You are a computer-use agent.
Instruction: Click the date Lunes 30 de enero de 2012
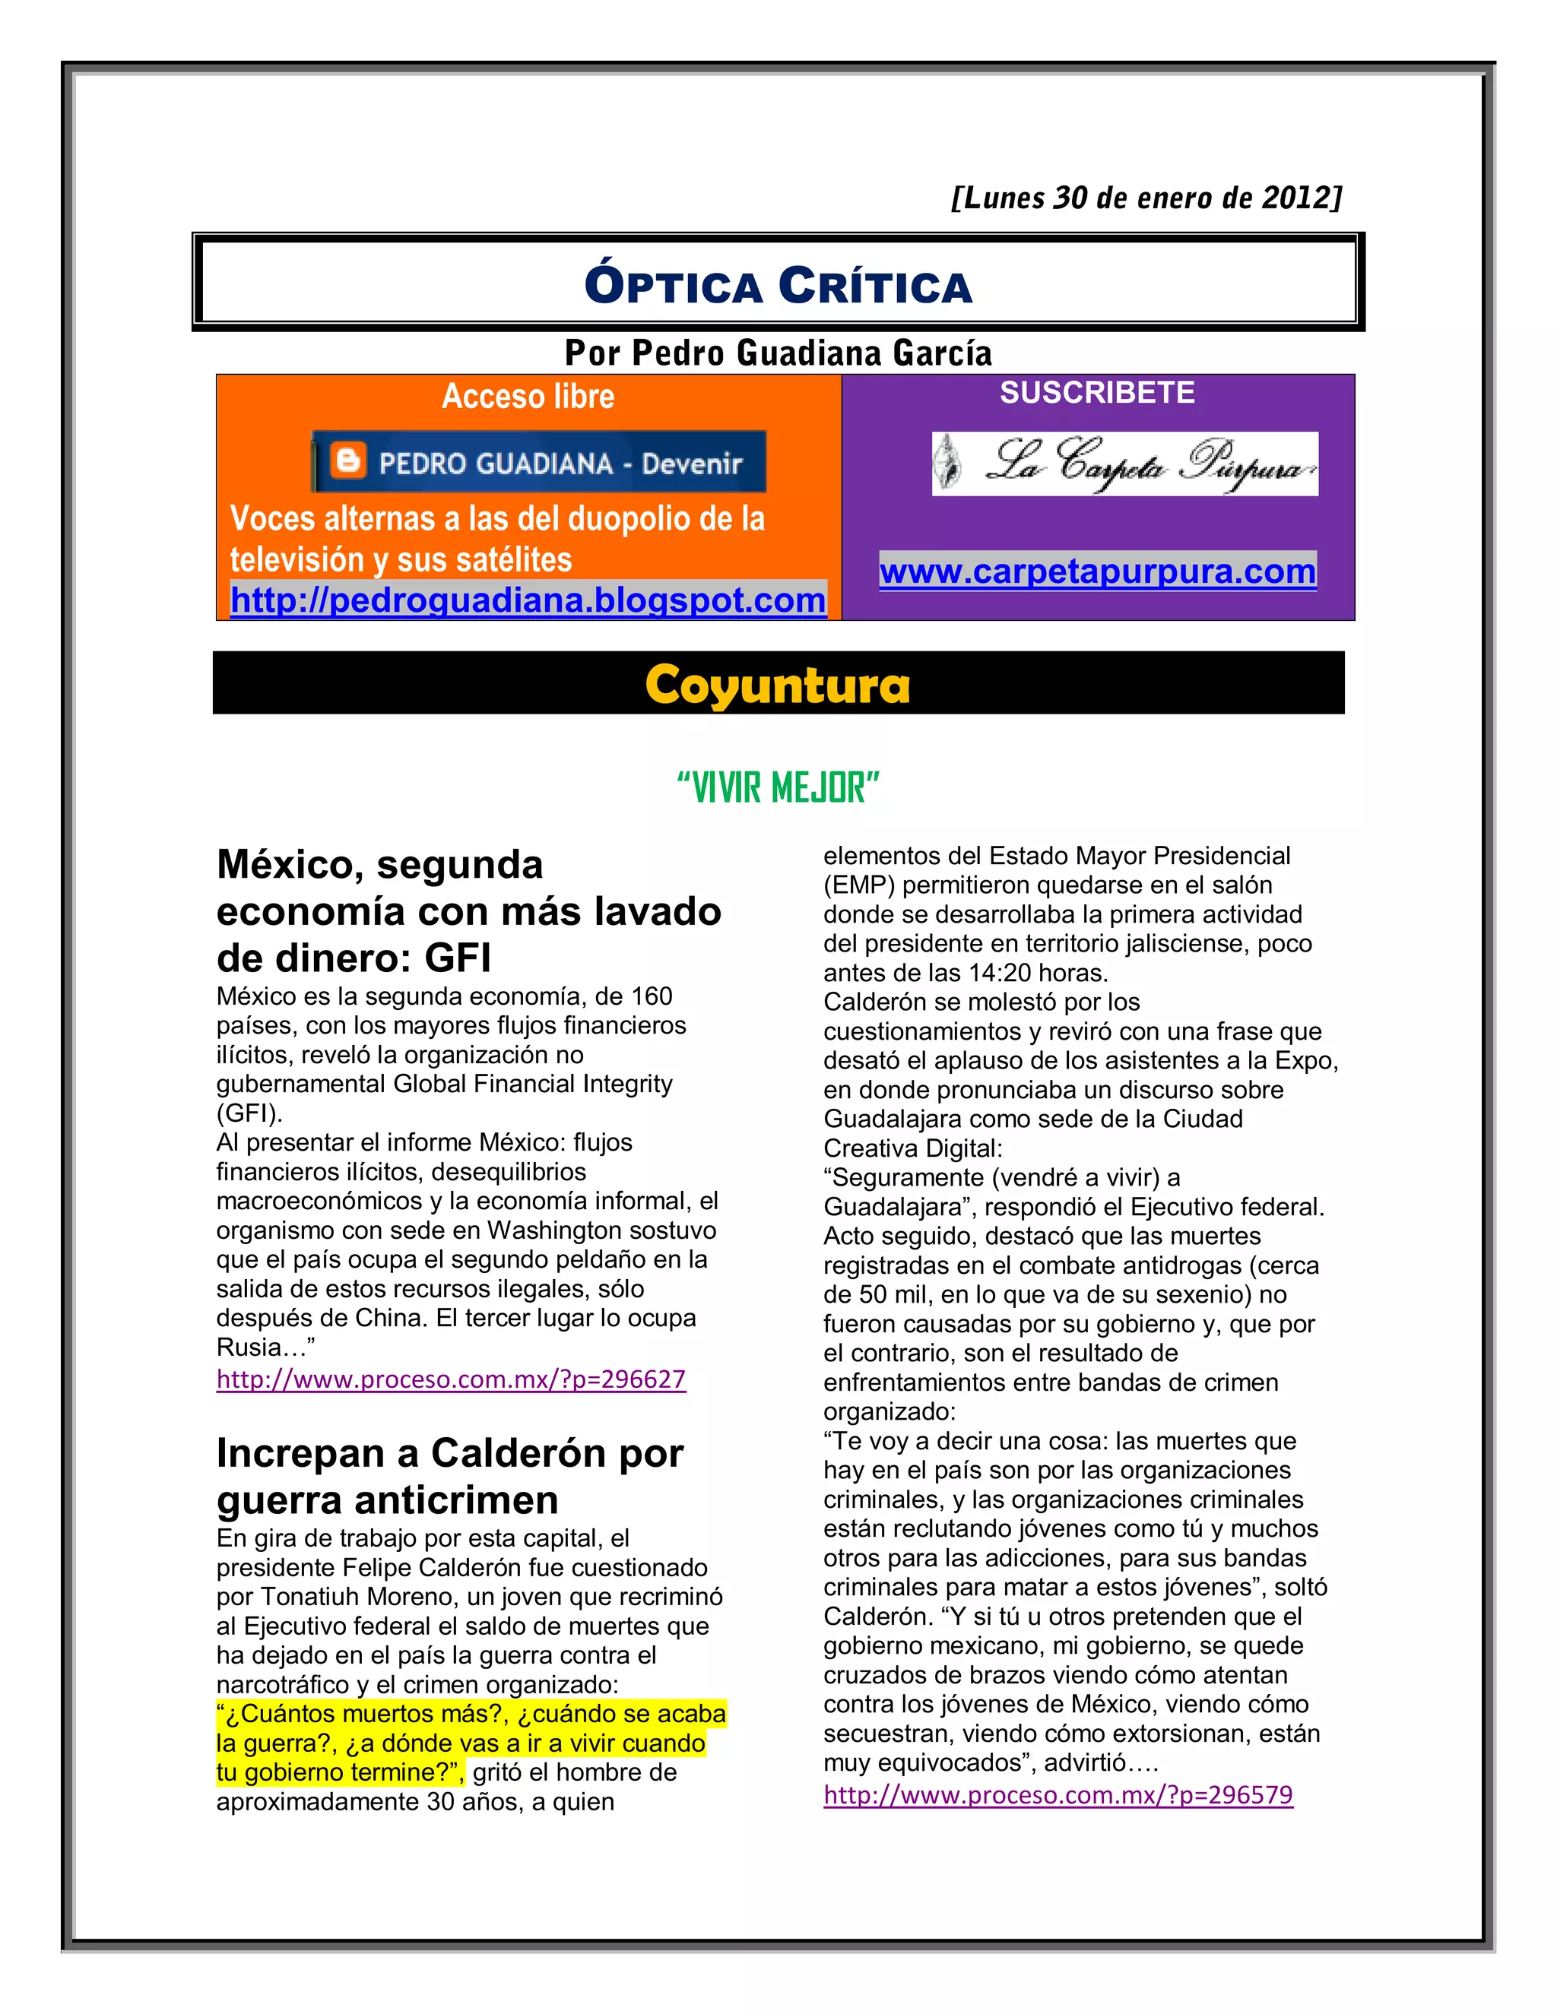(1146, 198)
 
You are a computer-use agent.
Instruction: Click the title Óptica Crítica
(778, 285)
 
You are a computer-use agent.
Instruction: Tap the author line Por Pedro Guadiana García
(778, 353)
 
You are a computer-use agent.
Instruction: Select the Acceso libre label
(528, 397)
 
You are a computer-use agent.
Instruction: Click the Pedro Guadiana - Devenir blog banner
(540, 462)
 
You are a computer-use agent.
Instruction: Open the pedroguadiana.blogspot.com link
(528, 600)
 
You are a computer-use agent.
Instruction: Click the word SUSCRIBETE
(1097, 393)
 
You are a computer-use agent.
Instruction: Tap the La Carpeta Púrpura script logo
(1124, 464)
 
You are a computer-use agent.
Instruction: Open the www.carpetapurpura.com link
(1097, 572)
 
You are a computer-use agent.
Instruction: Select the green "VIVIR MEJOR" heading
(778, 788)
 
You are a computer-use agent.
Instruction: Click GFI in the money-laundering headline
(458, 958)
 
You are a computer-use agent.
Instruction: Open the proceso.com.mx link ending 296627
(451, 1379)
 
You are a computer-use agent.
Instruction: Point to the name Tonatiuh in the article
(311, 1596)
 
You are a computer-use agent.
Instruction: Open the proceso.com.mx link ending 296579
(1058, 1795)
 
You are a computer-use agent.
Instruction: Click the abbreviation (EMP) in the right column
(859, 885)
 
